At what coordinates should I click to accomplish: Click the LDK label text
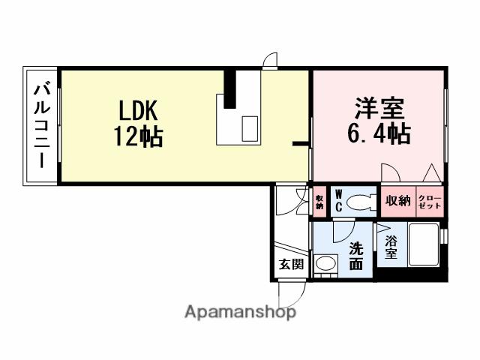pyautogui.click(x=137, y=112)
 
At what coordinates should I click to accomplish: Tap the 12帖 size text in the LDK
pyautogui.click(x=139, y=138)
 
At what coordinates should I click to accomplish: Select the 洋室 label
pyautogui.click(x=380, y=109)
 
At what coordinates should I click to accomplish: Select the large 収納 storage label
pyautogui.click(x=397, y=200)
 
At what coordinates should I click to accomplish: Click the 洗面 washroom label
pyautogui.click(x=356, y=255)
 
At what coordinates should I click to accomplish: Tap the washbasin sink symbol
pyautogui.click(x=325, y=264)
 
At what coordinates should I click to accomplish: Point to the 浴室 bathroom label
pyautogui.click(x=391, y=247)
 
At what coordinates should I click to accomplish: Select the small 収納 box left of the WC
pyautogui.click(x=319, y=201)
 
